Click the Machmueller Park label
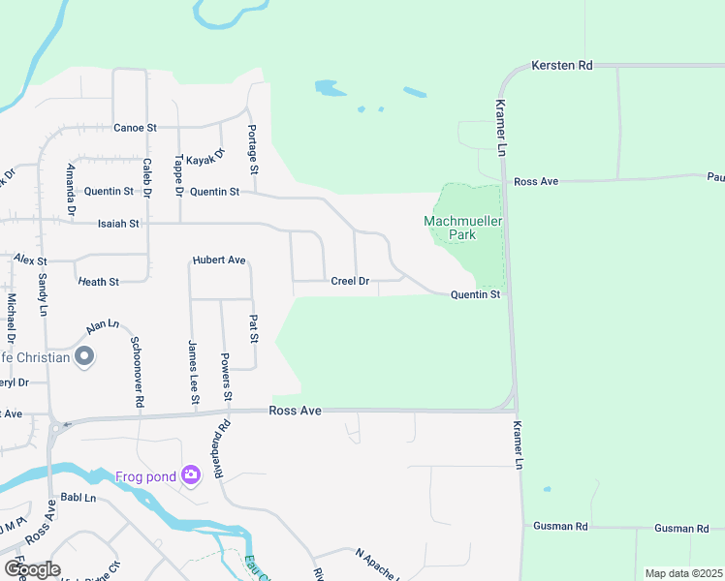463,228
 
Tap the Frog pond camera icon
190,474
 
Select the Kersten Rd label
561,66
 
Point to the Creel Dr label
350,281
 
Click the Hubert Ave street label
219,260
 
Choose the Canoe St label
135,128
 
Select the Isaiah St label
119,223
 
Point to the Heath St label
97,282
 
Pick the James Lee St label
193,373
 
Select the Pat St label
254,329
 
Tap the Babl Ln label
79,498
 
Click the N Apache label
376,564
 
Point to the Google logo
31,569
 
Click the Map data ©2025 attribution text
683,573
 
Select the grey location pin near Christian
84,357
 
